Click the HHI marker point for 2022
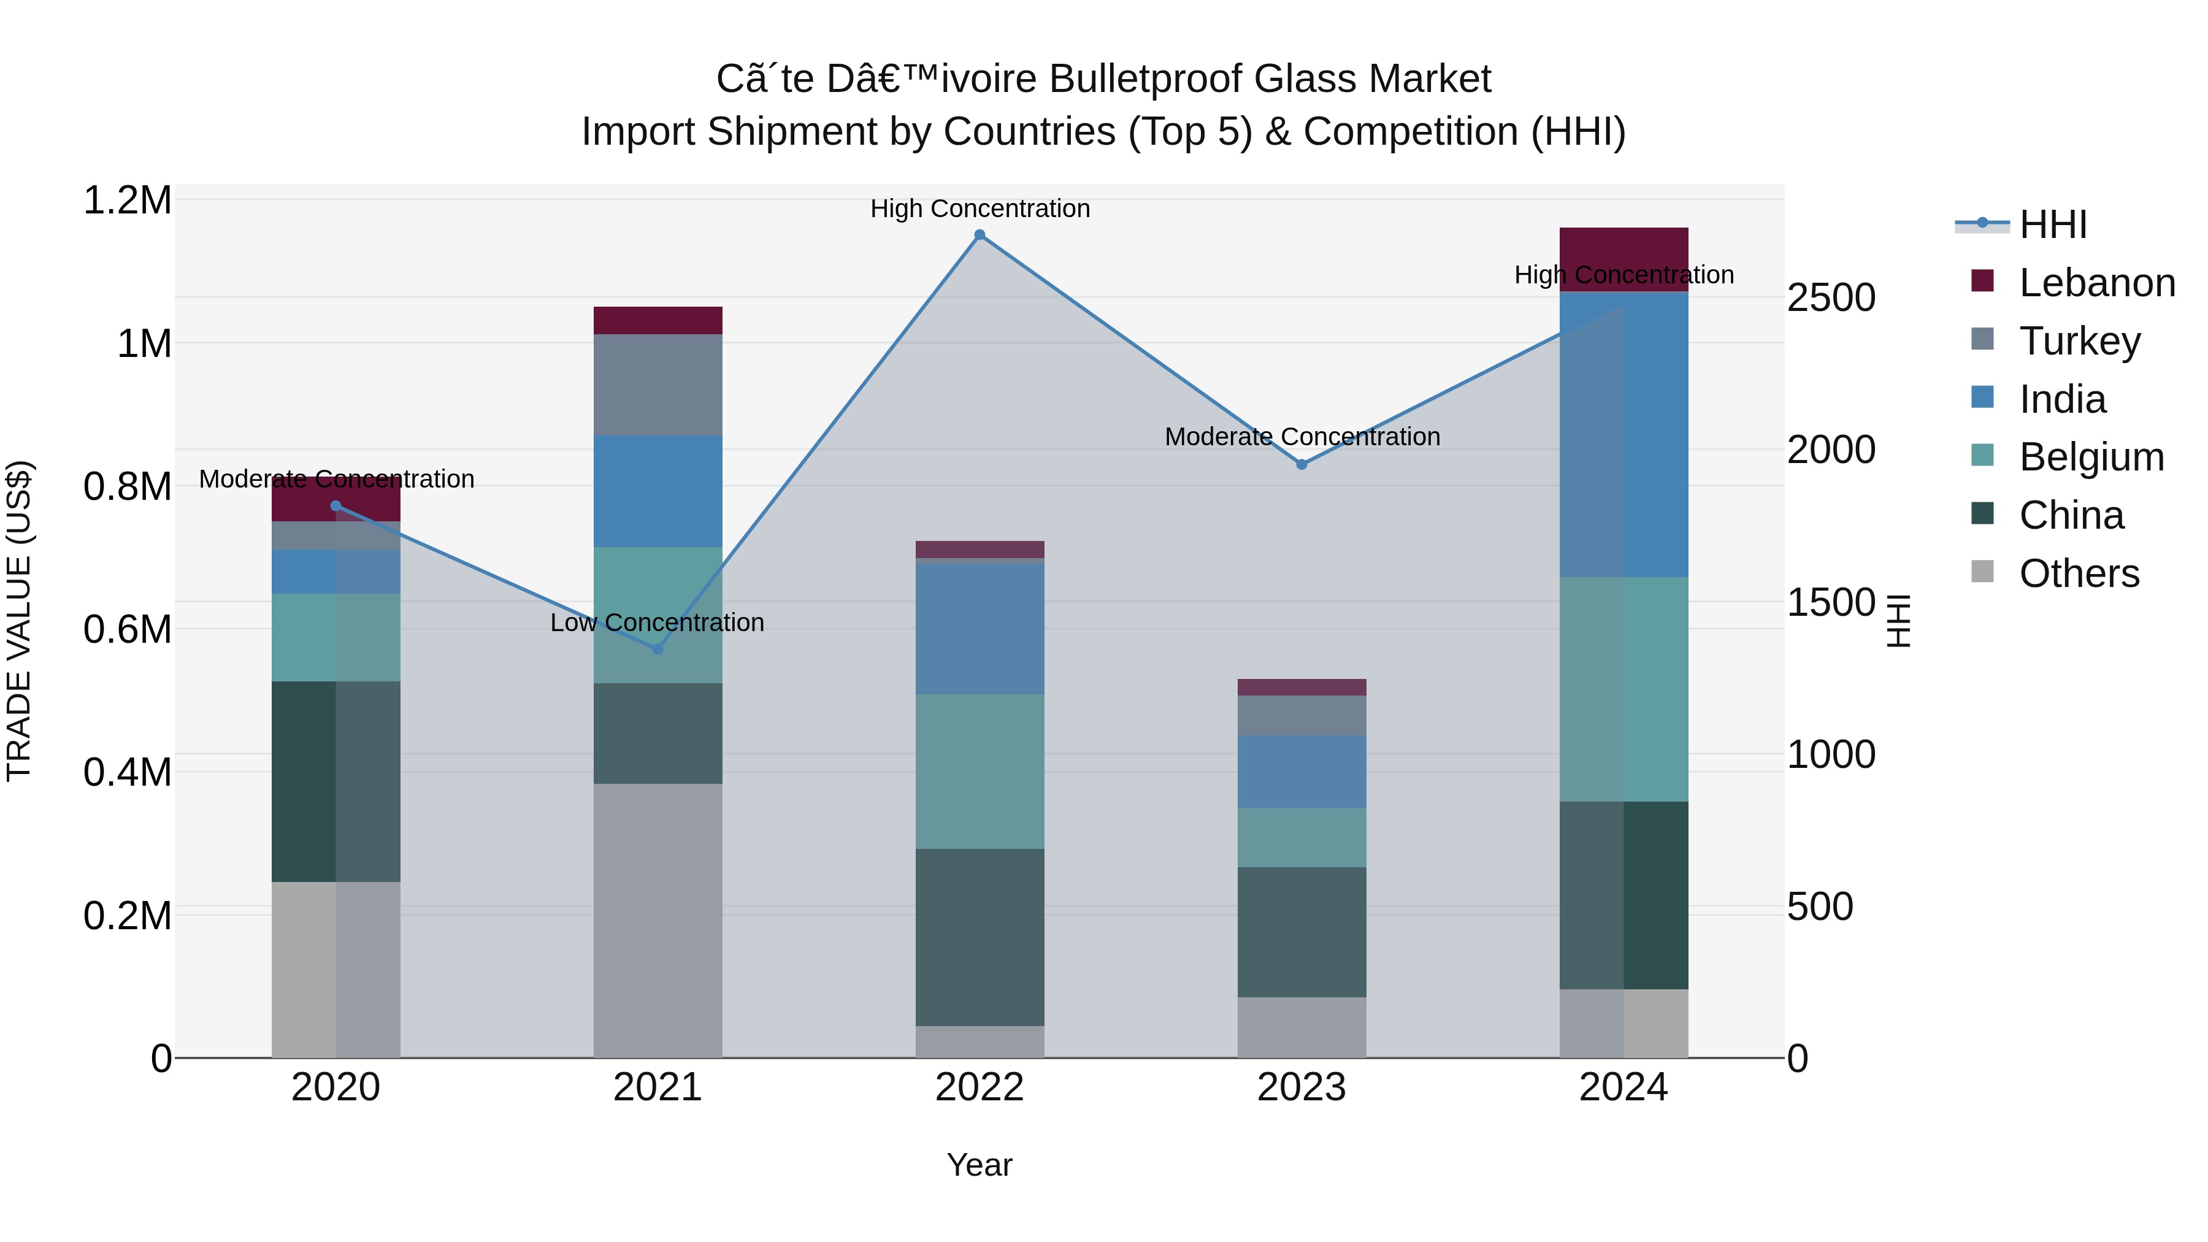(x=979, y=235)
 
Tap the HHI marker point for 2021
(x=657, y=649)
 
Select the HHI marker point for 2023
(x=1301, y=464)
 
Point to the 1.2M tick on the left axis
(x=127, y=201)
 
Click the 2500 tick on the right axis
(x=1831, y=298)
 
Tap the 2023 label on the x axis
(x=1301, y=1087)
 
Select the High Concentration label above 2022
(x=979, y=209)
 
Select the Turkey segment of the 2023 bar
(x=1301, y=715)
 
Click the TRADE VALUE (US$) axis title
(x=19, y=621)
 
